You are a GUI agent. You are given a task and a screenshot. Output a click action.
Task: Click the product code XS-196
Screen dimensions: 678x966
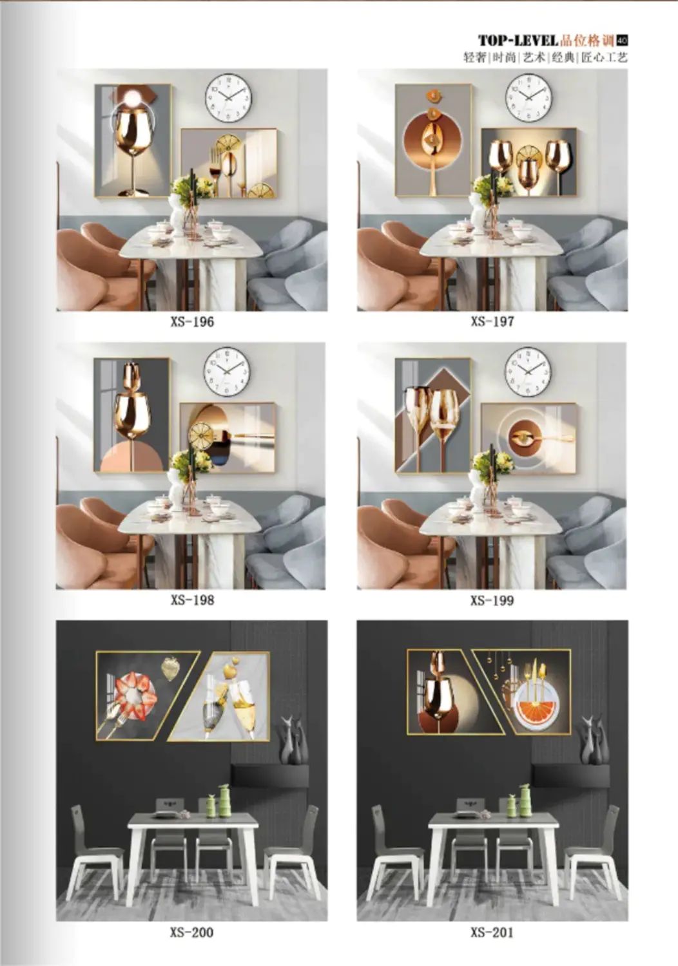point(192,322)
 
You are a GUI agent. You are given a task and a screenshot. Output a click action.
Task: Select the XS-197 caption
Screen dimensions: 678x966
point(492,322)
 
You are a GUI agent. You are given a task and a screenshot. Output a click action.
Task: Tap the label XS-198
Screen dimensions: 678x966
point(192,600)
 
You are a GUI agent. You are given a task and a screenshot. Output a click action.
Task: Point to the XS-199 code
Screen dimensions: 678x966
point(492,600)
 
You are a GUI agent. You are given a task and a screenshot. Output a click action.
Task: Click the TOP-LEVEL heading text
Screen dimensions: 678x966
point(518,41)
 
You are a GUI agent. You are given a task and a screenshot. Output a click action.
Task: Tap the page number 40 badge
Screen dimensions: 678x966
point(622,41)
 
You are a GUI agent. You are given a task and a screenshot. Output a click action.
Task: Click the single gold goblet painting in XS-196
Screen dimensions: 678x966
point(133,141)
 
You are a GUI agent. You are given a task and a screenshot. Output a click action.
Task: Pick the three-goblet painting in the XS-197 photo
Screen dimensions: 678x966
point(529,162)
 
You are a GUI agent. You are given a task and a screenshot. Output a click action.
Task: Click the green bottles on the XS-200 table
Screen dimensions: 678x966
point(218,800)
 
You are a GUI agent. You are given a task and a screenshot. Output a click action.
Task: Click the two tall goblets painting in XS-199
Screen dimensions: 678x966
point(433,415)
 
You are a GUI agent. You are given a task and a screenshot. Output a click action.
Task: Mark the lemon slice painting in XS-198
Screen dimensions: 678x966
point(228,437)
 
